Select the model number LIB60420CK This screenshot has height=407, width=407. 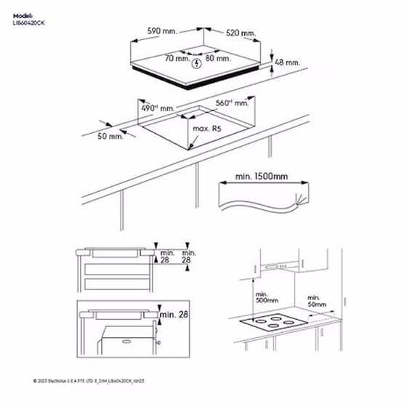[x=30, y=23]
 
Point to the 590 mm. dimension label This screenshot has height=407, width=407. [x=164, y=31]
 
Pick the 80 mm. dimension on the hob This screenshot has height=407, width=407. [x=216, y=57]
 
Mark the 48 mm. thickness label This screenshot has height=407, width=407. [x=287, y=63]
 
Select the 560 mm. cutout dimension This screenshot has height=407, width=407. [x=233, y=103]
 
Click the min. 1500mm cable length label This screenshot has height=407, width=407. [x=262, y=177]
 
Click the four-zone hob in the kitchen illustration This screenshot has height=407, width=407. [x=276, y=322]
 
